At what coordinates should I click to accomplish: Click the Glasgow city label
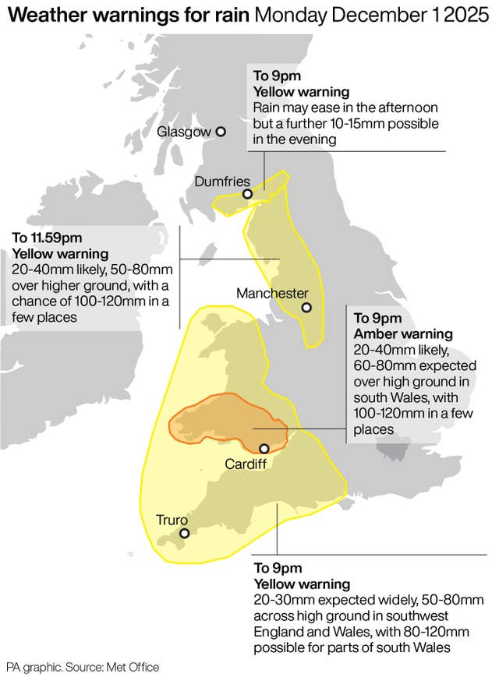click(x=184, y=132)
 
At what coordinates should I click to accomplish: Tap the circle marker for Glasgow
click(x=221, y=132)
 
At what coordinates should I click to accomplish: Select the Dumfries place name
click(x=222, y=181)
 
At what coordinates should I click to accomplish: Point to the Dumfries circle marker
click(x=247, y=194)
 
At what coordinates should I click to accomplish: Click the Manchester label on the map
click(x=272, y=294)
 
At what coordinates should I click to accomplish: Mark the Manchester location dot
click(x=306, y=308)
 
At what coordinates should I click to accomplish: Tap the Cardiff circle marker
click(x=264, y=448)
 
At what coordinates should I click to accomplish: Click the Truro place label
click(x=172, y=519)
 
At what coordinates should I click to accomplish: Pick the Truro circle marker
click(x=185, y=534)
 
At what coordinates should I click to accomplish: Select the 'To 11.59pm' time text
click(x=46, y=238)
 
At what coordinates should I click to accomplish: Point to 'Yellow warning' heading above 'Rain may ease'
click(x=296, y=92)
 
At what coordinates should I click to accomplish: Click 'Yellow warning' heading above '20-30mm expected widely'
click(x=302, y=584)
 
